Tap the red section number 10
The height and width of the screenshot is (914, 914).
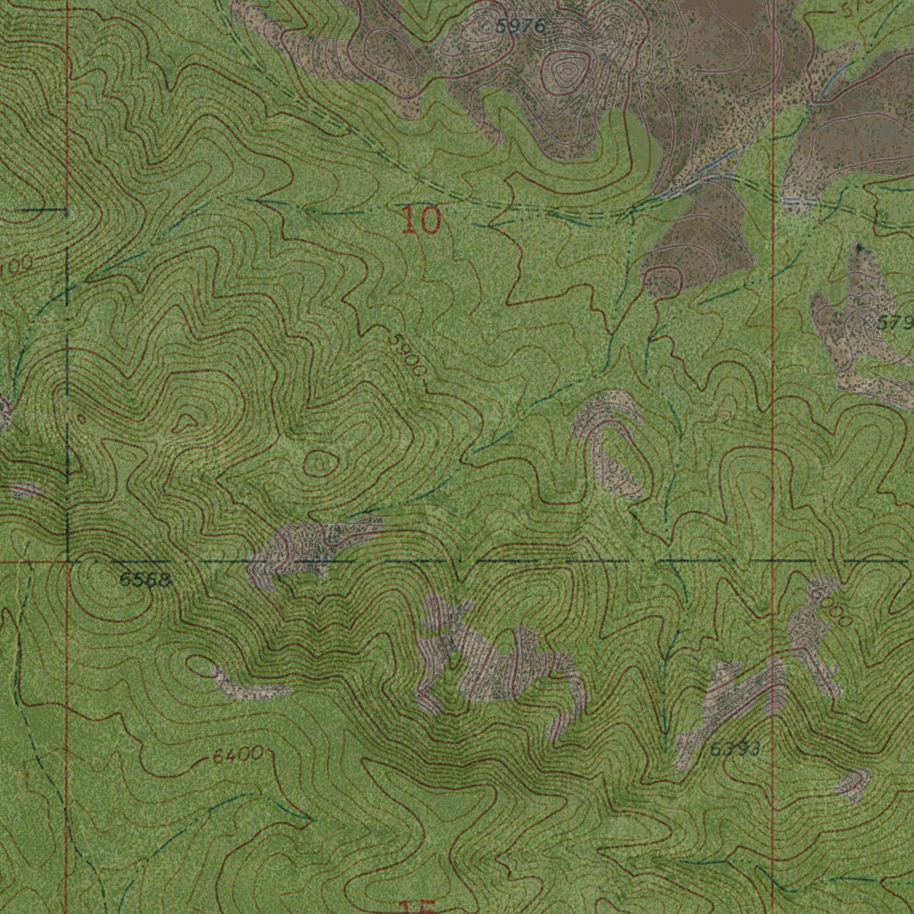point(421,220)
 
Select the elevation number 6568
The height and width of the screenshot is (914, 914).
point(145,580)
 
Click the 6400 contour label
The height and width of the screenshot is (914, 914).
point(237,756)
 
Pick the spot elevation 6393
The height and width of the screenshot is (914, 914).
point(735,750)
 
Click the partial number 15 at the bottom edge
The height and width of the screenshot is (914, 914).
point(418,906)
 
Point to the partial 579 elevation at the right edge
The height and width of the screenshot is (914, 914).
point(894,322)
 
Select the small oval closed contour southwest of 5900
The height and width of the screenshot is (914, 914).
point(320,462)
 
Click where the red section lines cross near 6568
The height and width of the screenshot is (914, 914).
point(68,562)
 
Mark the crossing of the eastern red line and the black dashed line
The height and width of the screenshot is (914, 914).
point(772,561)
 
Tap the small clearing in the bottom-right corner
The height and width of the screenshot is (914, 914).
point(852,784)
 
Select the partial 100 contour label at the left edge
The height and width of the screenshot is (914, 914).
point(16,265)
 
